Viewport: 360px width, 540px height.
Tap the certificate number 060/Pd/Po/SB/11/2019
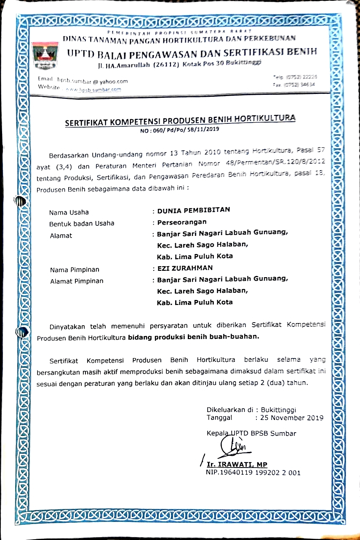tap(180, 130)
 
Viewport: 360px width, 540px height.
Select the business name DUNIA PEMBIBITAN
tap(194, 210)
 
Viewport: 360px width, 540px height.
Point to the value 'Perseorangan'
tap(182, 222)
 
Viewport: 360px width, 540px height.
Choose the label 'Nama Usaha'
tap(69, 212)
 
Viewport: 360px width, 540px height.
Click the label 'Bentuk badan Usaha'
tap(82, 223)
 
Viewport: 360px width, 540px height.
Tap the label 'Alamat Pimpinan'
tap(76, 281)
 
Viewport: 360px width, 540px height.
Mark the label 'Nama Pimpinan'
tap(75, 270)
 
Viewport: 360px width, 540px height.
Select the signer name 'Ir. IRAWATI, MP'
tap(237, 464)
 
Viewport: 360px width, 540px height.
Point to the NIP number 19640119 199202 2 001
tap(253, 473)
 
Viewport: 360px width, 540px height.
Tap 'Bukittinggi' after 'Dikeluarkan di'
tap(279, 409)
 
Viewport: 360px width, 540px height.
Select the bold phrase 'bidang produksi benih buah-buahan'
tap(194, 337)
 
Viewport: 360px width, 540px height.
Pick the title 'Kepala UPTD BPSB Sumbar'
tap(251, 433)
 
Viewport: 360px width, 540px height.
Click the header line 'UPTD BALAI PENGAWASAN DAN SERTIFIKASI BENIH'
tap(192, 53)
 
